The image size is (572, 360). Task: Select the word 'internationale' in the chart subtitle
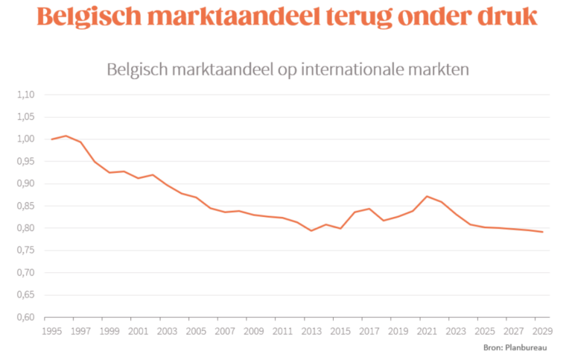point(361,70)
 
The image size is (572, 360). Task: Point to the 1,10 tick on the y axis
point(25,95)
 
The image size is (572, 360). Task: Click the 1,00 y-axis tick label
point(25,139)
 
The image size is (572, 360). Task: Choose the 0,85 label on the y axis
point(25,206)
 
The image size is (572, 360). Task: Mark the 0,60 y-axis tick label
point(25,317)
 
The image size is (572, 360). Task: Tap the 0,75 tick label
point(25,250)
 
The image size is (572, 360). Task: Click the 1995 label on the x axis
point(51,331)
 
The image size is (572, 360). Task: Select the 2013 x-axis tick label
point(311,331)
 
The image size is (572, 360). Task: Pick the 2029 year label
point(541,331)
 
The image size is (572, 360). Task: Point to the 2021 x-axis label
point(426,331)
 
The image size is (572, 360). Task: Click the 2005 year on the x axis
point(195,331)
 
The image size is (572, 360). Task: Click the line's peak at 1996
point(66,136)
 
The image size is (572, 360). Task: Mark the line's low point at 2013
point(311,230)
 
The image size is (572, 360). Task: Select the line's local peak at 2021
point(426,196)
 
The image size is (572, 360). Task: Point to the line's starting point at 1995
point(51,139)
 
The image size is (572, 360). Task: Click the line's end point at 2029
point(541,232)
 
